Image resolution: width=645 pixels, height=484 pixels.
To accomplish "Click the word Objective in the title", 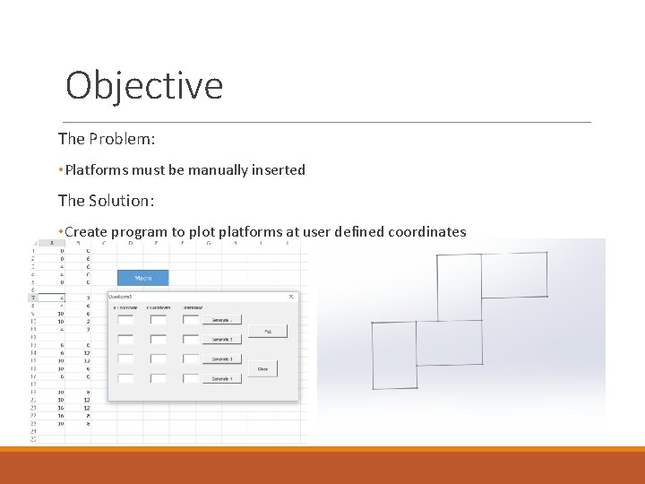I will [x=144, y=86].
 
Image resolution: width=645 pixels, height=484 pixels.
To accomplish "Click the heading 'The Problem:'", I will [x=107, y=139].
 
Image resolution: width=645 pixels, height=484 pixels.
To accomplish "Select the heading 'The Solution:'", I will [x=107, y=201].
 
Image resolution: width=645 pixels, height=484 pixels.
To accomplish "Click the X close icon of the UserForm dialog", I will [x=291, y=297].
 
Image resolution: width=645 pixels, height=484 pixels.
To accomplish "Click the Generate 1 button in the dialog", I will [x=222, y=320].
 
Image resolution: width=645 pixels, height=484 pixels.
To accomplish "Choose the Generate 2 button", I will [x=222, y=340].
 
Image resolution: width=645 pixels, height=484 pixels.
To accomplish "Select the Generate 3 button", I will [x=222, y=359].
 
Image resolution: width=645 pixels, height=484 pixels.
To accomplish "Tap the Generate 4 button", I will [x=222, y=379].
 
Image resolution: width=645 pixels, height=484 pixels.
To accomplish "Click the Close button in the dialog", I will [x=262, y=368].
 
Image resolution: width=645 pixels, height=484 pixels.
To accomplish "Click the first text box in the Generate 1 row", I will [x=125, y=319].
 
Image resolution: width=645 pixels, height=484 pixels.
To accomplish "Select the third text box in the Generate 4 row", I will [x=190, y=378].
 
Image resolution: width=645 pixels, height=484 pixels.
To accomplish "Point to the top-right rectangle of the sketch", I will [x=514, y=275].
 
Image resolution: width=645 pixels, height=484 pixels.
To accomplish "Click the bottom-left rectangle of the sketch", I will [x=394, y=355].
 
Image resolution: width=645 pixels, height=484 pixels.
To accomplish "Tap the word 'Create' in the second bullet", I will [x=86, y=232].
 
